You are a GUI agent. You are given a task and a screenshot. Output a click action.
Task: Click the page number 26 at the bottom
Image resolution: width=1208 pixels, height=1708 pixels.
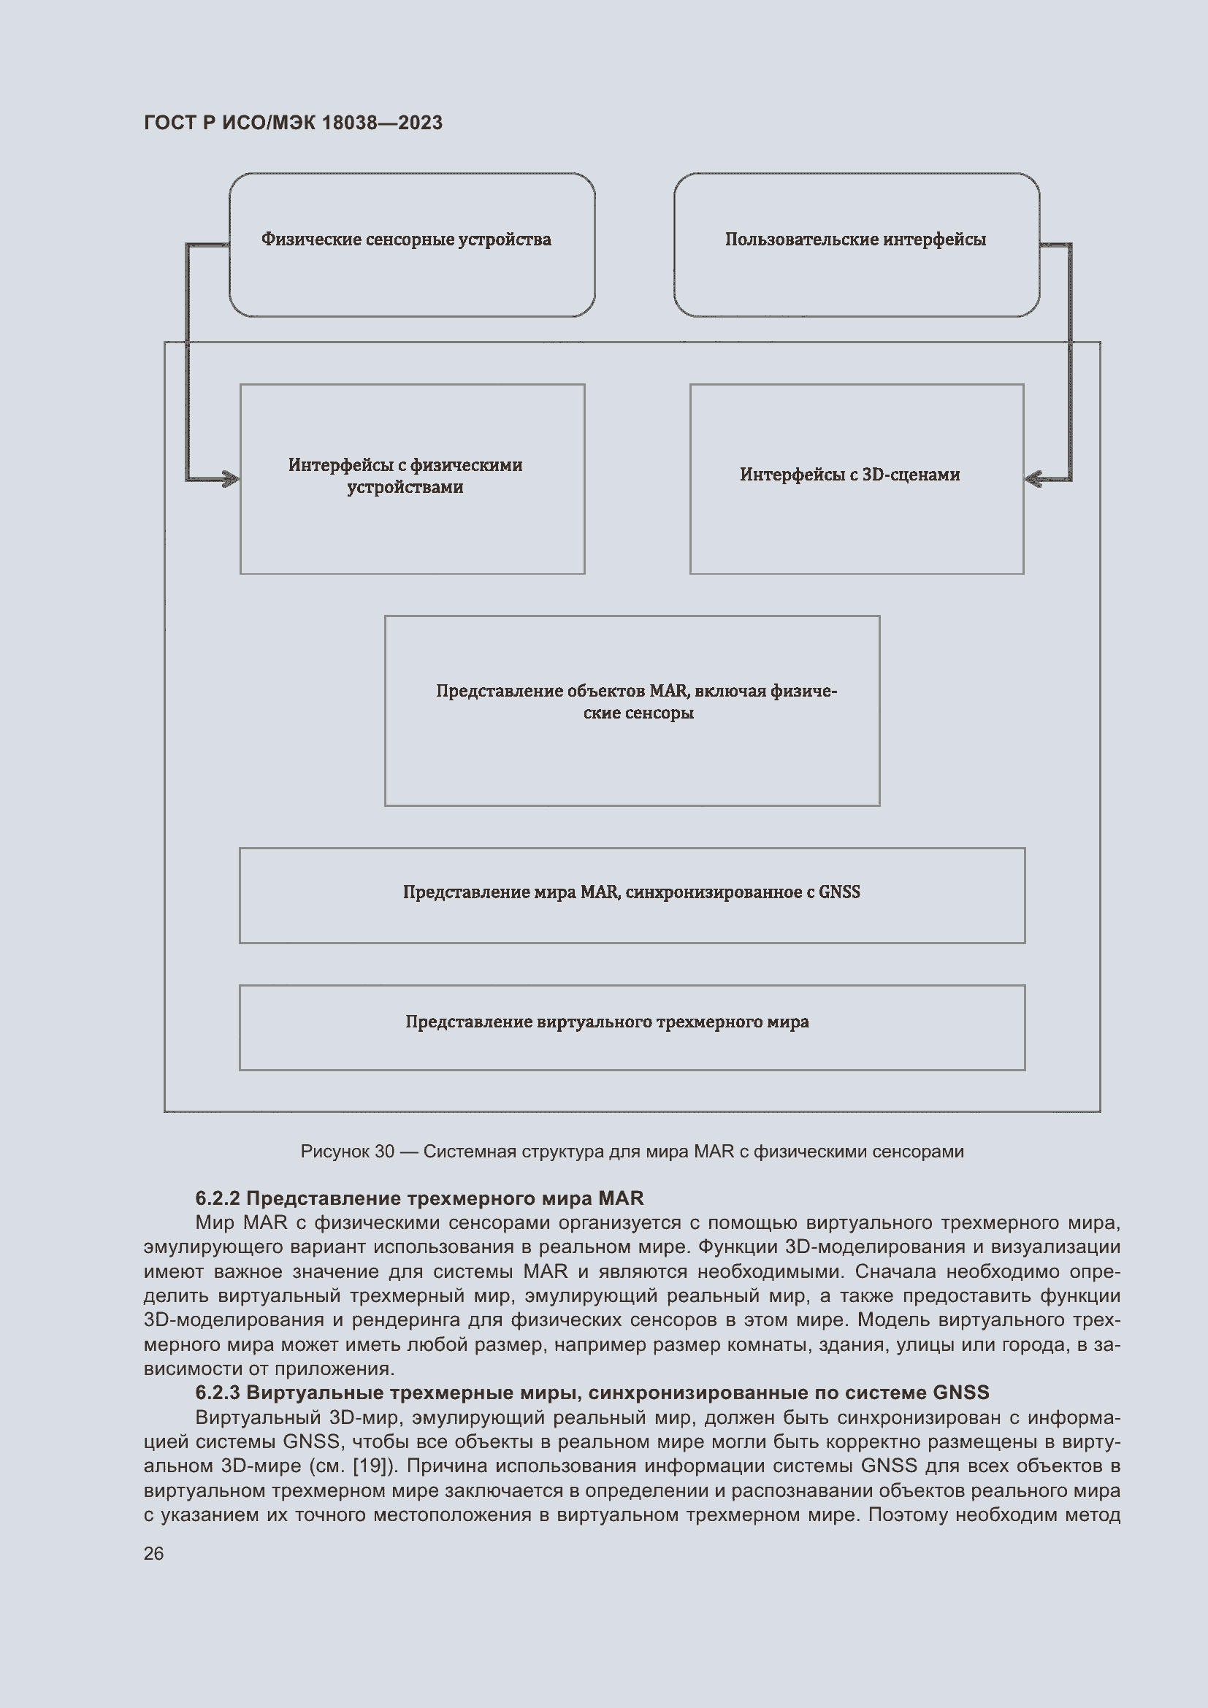[153, 1554]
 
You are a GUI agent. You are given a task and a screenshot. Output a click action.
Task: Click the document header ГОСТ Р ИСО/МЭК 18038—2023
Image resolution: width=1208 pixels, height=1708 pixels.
[292, 123]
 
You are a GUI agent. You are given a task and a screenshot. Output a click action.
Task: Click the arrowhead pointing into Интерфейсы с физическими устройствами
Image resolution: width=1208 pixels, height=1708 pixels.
[232, 479]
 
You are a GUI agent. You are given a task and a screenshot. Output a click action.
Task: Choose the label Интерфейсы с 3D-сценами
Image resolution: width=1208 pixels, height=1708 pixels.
[849, 475]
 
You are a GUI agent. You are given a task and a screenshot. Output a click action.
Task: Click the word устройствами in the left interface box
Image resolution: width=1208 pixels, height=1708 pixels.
[405, 487]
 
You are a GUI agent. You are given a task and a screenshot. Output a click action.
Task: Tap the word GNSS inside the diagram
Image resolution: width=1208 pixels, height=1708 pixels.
[839, 892]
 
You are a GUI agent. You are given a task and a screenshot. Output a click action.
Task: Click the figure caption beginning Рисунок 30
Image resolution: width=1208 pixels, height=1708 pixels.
[632, 1152]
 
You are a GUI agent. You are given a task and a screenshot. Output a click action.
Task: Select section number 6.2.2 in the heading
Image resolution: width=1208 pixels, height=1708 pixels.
[217, 1198]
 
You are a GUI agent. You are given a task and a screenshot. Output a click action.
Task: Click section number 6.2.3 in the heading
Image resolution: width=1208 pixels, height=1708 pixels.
[217, 1393]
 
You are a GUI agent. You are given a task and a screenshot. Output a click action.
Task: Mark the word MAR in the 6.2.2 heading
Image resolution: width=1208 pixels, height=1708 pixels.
[621, 1198]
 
